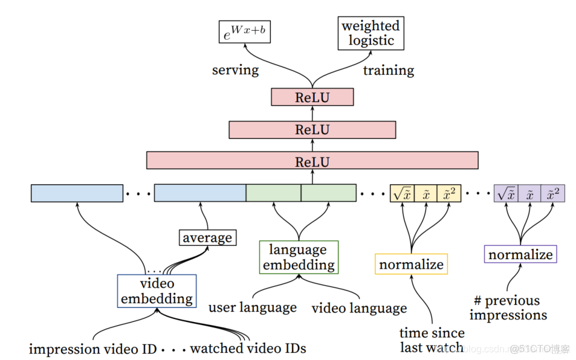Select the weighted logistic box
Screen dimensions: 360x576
click(x=371, y=33)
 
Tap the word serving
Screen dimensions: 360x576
click(x=235, y=70)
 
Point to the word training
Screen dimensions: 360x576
click(x=388, y=71)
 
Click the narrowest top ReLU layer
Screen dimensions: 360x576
click(x=312, y=97)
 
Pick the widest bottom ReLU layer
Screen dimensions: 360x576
click(x=312, y=161)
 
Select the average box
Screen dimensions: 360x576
click(x=207, y=237)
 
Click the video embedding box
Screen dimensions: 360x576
click(x=157, y=291)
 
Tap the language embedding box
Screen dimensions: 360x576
click(x=299, y=257)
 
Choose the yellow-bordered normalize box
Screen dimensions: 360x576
click(x=411, y=265)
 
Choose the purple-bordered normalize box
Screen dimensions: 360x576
click(x=520, y=254)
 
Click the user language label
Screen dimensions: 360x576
click(x=253, y=307)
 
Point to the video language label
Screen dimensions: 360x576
click(x=359, y=308)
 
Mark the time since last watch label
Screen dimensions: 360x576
click(x=432, y=340)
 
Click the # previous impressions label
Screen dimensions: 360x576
click(x=508, y=307)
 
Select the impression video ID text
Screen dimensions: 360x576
click(x=92, y=349)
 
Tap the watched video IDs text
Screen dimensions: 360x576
click(x=248, y=349)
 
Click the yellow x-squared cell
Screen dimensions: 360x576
click(x=448, y=193)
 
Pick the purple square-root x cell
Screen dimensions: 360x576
click(x=506, y=193)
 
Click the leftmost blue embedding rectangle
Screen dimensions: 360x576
click(x=77, y=193)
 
